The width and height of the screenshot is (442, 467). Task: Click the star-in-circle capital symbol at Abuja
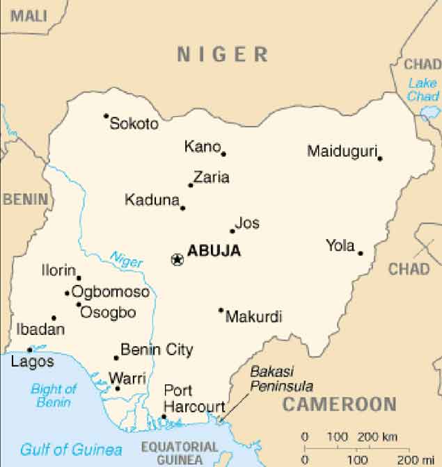pyautogui.click(x=177, y=259)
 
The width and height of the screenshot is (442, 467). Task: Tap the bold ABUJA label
pyautogui.click(x=214, y=251)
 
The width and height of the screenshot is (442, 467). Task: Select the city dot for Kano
pyautogui.click(x=223, y=154)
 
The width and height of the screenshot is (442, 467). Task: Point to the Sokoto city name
pyautogui.click(x=134, y=124)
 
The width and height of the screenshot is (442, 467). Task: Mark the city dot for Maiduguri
pyautogui.click(x=380, y=158)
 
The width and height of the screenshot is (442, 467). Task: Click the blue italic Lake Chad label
pyautogui.click(x=423, y=90)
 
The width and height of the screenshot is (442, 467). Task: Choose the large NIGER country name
pyautogui.click(x=222, y=54)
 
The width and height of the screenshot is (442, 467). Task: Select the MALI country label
pyautogui.click(x=28, y=14)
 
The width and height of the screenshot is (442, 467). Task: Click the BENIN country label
pyautogui.click(x=26, y=199)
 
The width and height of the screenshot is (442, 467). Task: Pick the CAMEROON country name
pyautogui.click(x=339, y=404)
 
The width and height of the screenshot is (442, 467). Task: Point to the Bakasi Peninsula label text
pyautogui.click(x=281, y=379)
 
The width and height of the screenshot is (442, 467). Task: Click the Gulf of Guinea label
pyautogui.click(x=71, y=449)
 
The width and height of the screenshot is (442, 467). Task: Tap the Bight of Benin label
pyautogui.click(x=54, y=395)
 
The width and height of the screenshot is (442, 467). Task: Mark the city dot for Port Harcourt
pyautogui.click(x=164, y=417)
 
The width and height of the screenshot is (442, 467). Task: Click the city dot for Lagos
pyautogui.click(x=29, y=350)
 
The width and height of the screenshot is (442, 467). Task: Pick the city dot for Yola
pyautogui.click(x=361, y=253)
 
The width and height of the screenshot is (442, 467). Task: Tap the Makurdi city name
pyautogui.click(x=254, y=317)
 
